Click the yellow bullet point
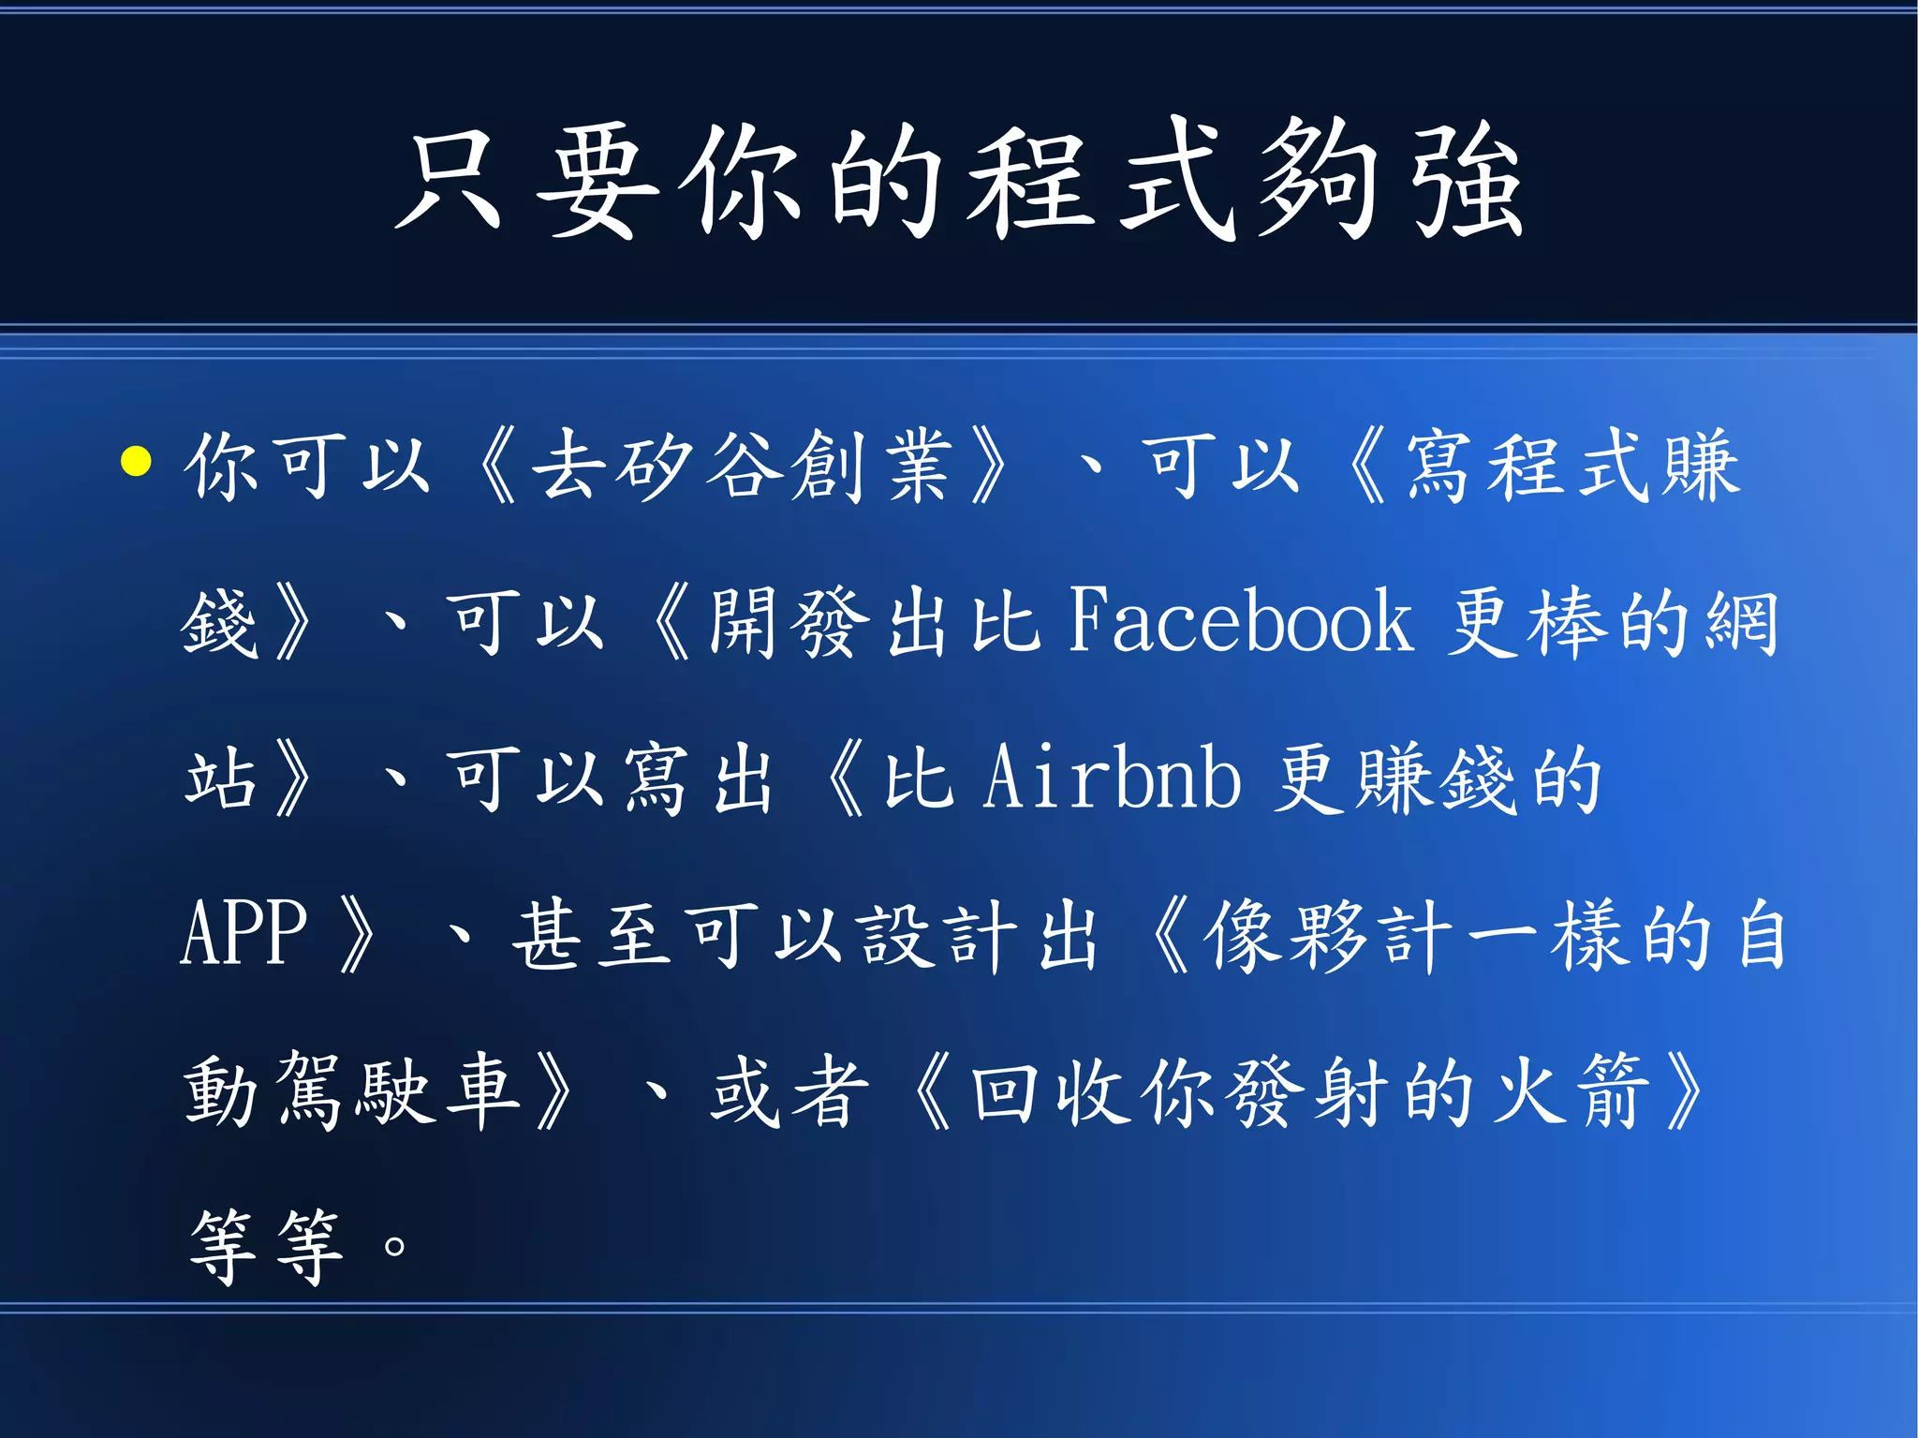(x=137, y=462)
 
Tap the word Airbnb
(x=1112, y=777)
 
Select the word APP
(x=243, y=933)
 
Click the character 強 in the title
(x=1468, y=180)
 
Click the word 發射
(x=1311, y=1090)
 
